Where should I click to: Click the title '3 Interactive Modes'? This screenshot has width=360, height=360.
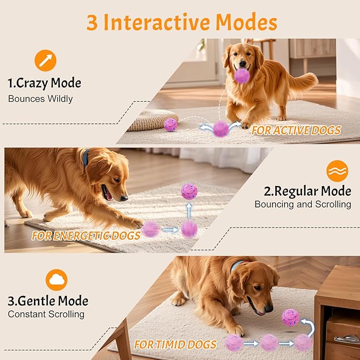[x=181, y=22]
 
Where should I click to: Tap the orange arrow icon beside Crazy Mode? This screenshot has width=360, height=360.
[x=46, y=60]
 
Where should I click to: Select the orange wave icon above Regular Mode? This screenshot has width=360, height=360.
[x=337, y=171]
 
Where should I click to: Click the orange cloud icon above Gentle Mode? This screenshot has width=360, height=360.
[x=56, y=279]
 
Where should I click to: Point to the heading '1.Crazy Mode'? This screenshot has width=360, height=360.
[x=44, y=83]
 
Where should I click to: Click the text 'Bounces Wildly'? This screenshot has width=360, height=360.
[x=40, y=99]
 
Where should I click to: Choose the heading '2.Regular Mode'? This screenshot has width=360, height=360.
[x=308, y=191]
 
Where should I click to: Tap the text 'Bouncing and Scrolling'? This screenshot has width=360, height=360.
[x=303, y=204]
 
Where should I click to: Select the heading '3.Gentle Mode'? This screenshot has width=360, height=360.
[x=48, y=301]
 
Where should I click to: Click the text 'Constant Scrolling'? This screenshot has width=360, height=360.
[x=46, y=314]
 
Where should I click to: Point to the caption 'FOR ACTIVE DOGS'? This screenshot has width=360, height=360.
[x=296, y=130]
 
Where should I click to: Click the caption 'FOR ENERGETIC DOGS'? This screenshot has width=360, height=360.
[x=86, y=235]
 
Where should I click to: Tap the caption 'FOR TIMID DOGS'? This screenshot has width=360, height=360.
[x=175, y=344]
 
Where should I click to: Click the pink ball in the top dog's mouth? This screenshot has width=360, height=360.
[x=242, y=76]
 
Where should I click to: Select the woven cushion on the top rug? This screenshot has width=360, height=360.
[x=152, y=120]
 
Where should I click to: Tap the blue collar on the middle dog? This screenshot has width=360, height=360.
[x=86, y=157]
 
